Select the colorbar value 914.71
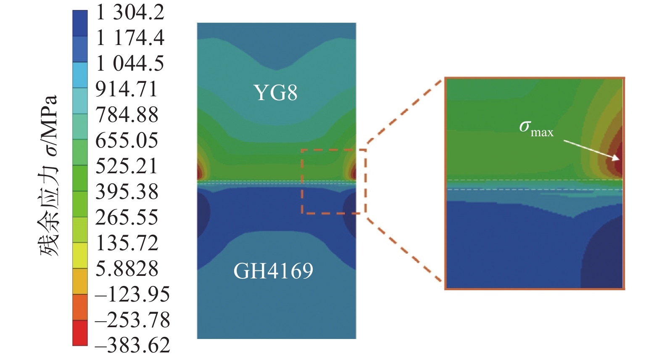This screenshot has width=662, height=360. pos(126,89)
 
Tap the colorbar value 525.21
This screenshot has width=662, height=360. pos(126,166)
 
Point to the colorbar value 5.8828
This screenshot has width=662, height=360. pos(127,269)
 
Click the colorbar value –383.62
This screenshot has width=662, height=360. pos(132,345)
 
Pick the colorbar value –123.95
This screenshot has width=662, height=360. pos(132,294)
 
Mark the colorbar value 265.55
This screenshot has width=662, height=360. pos(127,217)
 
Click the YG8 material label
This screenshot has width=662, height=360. pos(275,93)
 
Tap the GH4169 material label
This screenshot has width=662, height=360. pos(273,271)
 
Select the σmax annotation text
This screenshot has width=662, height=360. pos(536,128)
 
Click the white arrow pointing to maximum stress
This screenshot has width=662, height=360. pos(591,150)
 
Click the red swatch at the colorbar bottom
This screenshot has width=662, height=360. pos(80,333)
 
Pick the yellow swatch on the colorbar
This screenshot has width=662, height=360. pos(80,256)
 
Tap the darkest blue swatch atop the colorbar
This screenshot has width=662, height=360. pos(80,23)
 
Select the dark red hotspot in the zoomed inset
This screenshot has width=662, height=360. pos(618,158)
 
